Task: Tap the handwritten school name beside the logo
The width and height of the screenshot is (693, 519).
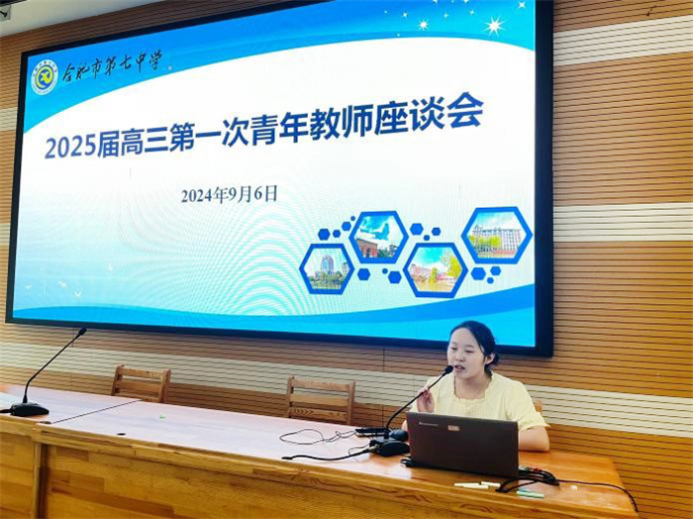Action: [x=112, y=68]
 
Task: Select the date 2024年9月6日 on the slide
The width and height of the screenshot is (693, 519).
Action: [x=229, y=194]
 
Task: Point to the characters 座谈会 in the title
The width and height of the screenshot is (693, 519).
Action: [x=445, y=115]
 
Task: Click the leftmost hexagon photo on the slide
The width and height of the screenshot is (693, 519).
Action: [x=326, y=268]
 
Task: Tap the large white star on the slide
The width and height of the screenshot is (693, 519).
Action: [x=493, y=26]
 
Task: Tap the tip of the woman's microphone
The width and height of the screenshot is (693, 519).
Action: [x=447, y=370]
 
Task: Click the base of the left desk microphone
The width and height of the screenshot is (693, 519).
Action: [x=28, y=409]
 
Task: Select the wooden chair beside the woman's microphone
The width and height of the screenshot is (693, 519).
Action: [x=320, y=398]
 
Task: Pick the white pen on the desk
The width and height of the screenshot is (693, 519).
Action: [x=472, y=485]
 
